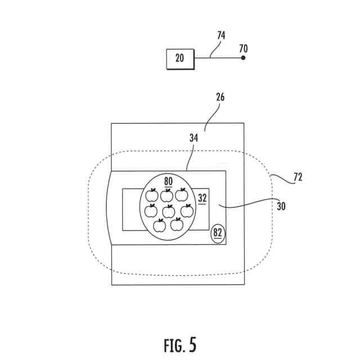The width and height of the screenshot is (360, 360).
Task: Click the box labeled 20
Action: [179, 58]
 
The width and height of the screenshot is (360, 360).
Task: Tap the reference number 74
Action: [221, 35]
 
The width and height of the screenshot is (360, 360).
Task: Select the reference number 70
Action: [243, 49]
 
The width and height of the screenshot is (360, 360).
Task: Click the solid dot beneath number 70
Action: [243, 58]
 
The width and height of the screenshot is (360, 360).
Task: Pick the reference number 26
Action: [220, 97]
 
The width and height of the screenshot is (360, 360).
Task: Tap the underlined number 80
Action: [168, 182]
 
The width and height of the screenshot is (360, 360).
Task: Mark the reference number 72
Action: [298, 178]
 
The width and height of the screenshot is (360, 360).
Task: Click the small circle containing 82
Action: [217, 233]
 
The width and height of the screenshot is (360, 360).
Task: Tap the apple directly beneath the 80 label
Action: [166, 196]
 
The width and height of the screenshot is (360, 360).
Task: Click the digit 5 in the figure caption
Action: [193, 344]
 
